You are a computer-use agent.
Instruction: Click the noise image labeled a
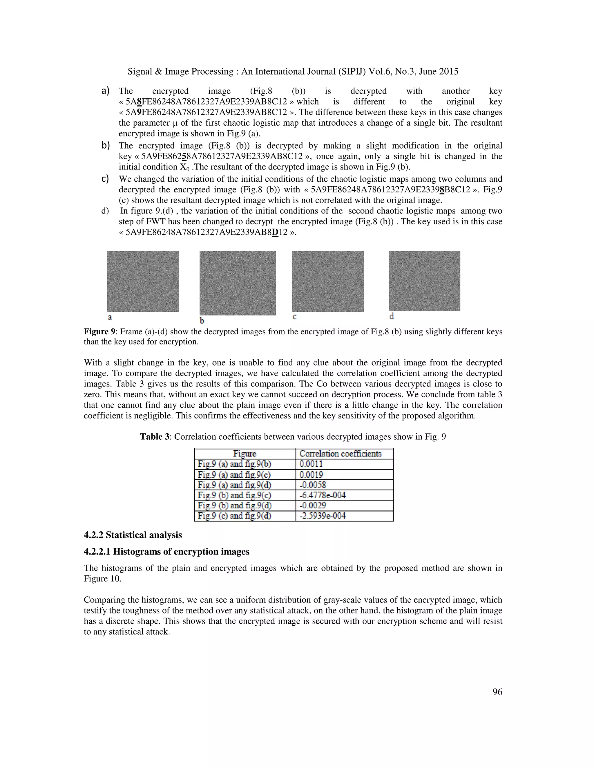[143, 281]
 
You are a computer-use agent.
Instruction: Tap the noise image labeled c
[328, 281]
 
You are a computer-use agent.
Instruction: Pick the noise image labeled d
[424, 281]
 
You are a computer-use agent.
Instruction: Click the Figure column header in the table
[245, 454]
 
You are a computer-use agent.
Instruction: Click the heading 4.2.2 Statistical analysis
[133, 535]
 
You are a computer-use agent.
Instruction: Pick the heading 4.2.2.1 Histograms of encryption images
[166, 551]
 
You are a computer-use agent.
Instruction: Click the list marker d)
[105, 211]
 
